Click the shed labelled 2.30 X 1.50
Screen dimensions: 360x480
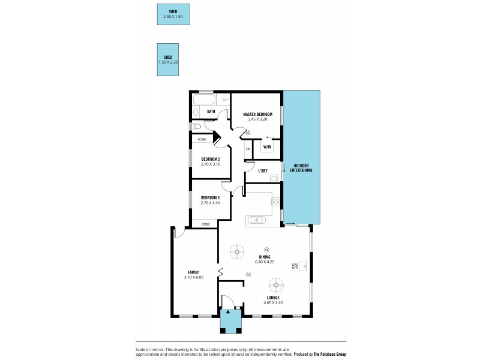coord(173,14)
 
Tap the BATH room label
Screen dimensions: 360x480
coord(211,112)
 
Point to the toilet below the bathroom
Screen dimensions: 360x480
coord(197,127)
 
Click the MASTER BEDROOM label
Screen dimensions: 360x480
coord(257,114)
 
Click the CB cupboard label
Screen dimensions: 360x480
coord(248,149)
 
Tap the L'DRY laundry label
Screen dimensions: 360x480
coord(263,171)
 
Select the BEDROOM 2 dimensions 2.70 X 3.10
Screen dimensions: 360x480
coord(211,164)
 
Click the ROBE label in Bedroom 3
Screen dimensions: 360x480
coord(206,224)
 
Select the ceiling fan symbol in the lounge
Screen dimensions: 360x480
coord(275,283)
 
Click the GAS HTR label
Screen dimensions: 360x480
coord(295,266)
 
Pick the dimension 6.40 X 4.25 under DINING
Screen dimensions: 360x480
coord(265,262)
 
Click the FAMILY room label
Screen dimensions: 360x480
coord(193,272)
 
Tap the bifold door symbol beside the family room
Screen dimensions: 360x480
coord(220,272)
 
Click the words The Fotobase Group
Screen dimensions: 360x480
coord(329,354)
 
